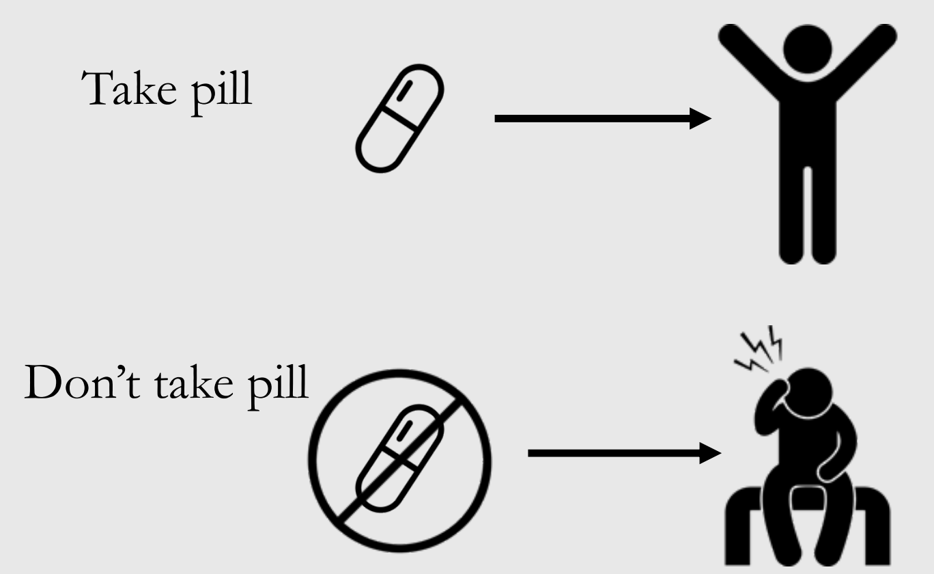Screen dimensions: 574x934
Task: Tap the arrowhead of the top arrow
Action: tap(699, 118)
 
